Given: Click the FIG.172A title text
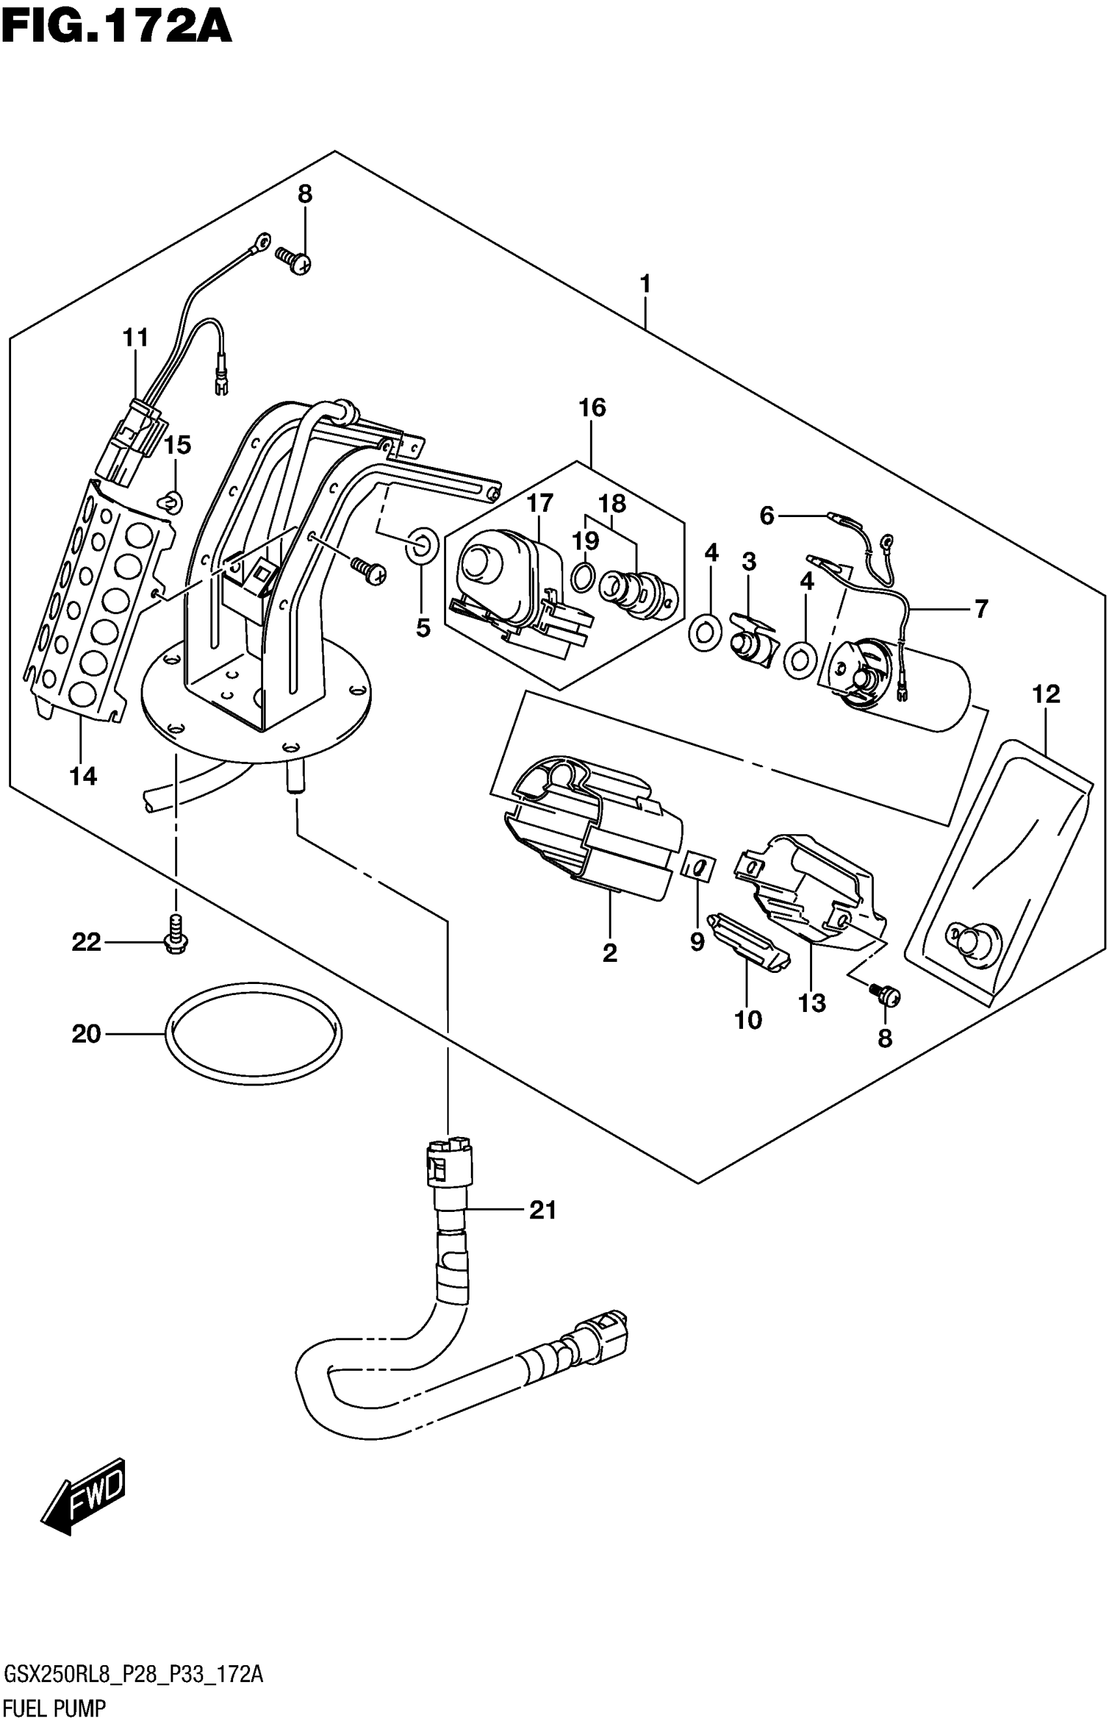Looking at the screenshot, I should click(117, 28).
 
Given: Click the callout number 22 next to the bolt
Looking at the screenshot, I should click(86, 942).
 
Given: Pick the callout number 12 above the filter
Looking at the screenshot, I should click(1046, 694).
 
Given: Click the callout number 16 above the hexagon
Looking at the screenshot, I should click(593, 408).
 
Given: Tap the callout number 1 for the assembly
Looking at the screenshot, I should click(645, 285).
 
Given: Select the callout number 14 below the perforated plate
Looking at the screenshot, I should click(83, 776).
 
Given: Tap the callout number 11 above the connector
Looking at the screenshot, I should click(135, 337).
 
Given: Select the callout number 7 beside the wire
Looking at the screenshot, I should click(982, 608).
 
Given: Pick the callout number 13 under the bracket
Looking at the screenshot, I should click(812, 1003).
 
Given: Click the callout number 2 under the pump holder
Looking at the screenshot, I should click(610, 953).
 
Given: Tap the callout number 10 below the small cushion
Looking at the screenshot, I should click(748, 1019).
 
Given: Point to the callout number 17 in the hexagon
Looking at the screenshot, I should click(540, 503).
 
